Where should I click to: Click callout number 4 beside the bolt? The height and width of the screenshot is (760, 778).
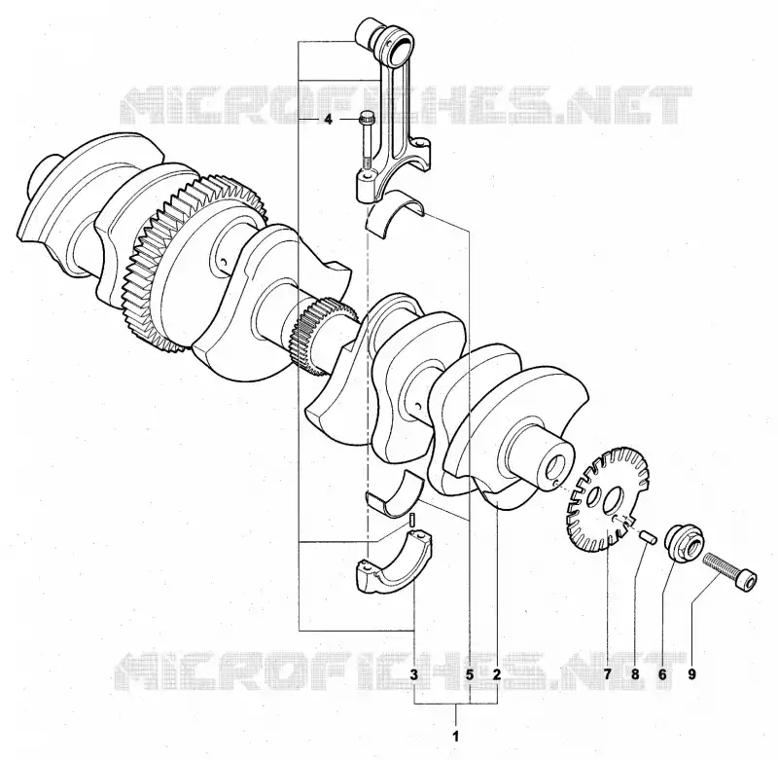(x=328, y=120)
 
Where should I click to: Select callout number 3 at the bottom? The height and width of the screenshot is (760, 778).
(x=414, y=674)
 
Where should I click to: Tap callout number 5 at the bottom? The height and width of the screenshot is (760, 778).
(x=470, y=674)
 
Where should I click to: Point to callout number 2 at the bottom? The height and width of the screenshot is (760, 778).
(x=497, y=674)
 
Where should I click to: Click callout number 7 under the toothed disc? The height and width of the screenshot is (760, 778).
(x=608, y=674)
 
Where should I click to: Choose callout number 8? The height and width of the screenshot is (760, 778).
(x=635, y=674)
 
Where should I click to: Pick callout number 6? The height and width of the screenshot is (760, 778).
(x=662, y=674)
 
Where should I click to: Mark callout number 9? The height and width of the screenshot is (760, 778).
(x=691, y=674)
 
